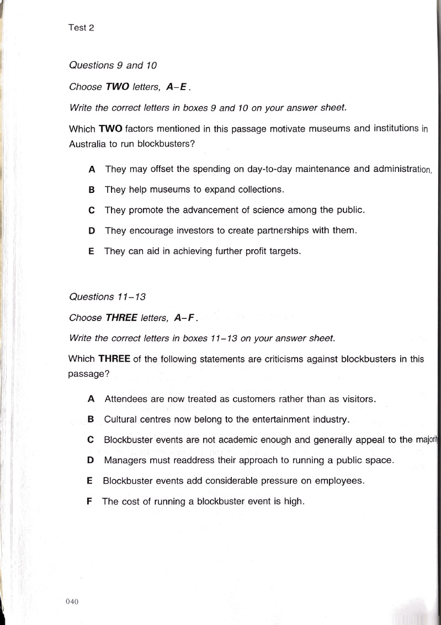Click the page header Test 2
pyautogui.click(x=82, y=28)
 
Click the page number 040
pyautogui.click(x=73, y=602)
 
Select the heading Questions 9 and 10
pyautogui.click(x=113, y=65)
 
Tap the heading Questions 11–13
pyautogui.click(x=107, y=297)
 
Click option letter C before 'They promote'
pyautogui.click(x=92, y=210)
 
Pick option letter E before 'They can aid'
pyautogui.click(x=92, y=251)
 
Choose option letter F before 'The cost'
pyautogui.click(x=90, y=501)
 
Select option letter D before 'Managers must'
pyautogui.click(x=91, y=460)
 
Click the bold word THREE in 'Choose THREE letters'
pyautogui.click(x=121, y=318)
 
